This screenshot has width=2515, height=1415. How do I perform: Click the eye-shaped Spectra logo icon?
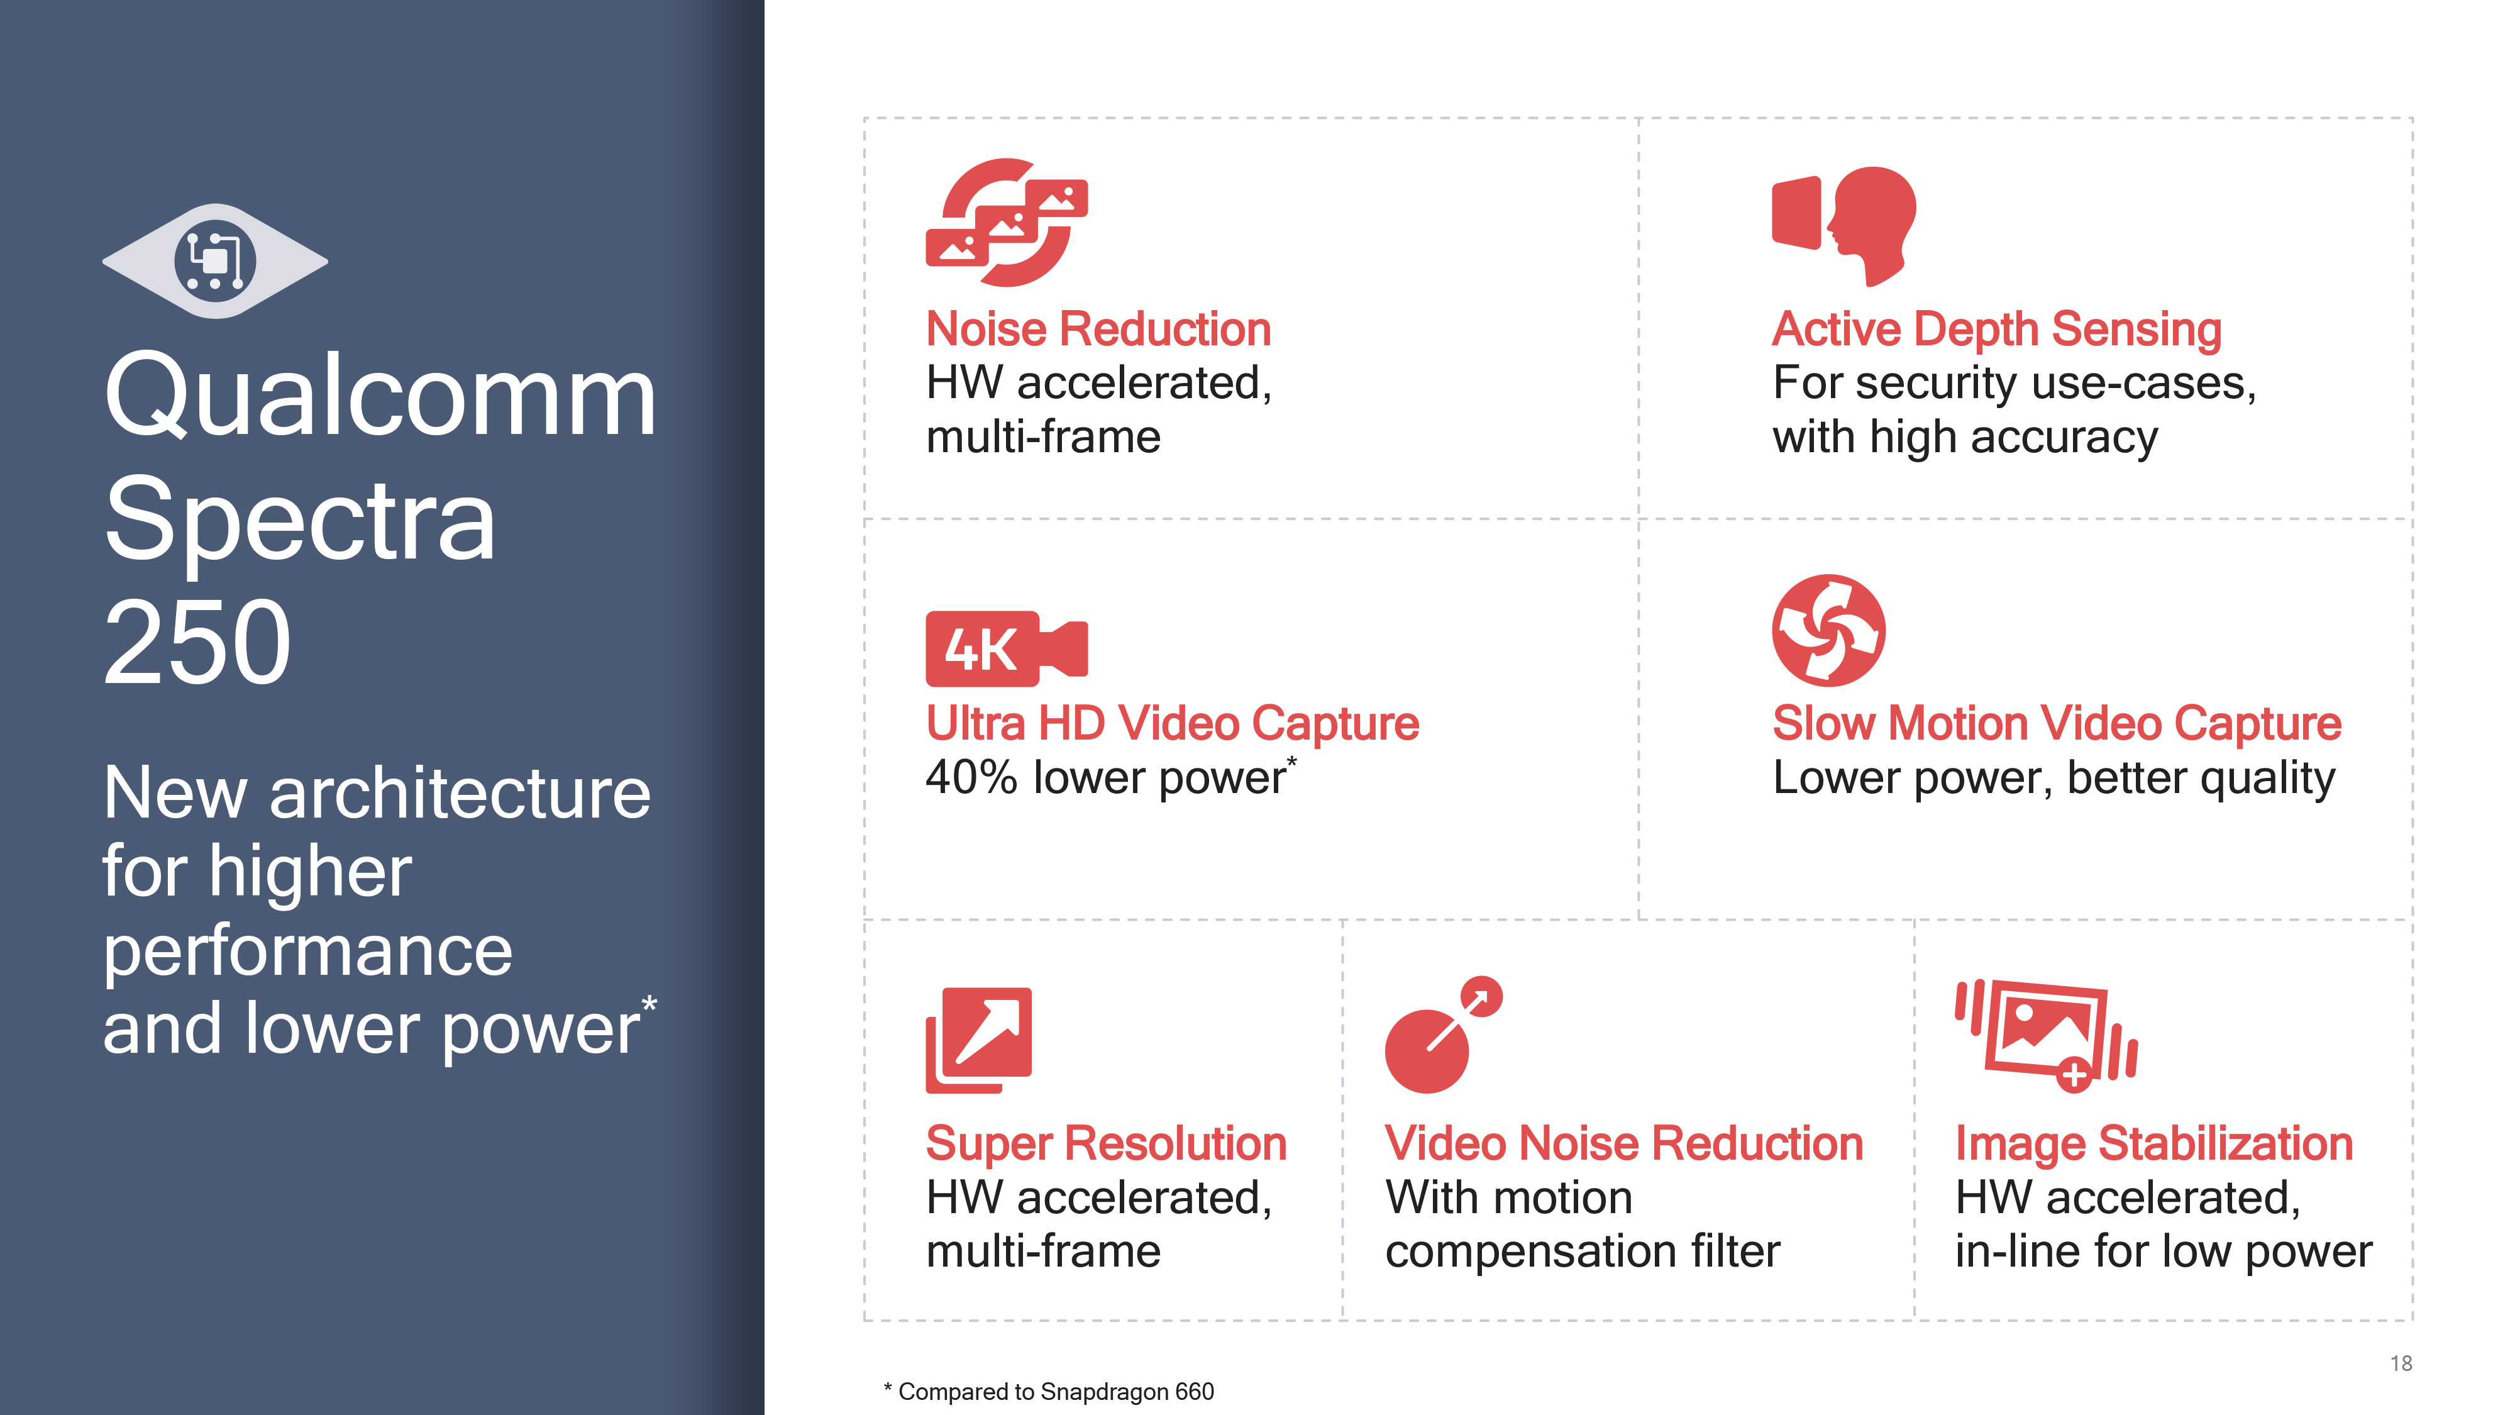click(x=215, y=261)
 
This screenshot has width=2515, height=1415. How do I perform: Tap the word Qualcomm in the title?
click(x=380, y=396)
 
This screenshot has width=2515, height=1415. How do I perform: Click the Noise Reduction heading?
click(x=1098, y=328)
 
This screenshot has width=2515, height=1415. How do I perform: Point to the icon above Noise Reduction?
click(x=1007, y=223)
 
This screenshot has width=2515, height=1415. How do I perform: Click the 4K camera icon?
click(x=1007, y=648)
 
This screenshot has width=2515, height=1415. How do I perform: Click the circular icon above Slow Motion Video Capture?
click(x=1828, y=631)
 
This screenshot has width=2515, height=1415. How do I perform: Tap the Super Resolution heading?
click(x=1106, y=1143)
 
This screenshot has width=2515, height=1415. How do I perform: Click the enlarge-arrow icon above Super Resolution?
click(x=978, y=1040)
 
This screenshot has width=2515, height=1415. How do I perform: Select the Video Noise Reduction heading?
click(x=1623, y=1143)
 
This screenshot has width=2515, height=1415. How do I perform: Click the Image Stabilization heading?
click(x=2153, y=1143)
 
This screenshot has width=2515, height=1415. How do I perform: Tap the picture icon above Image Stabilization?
click(x=2047, y=1035)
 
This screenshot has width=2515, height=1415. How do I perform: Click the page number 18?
click(x=2401, y=1363)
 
